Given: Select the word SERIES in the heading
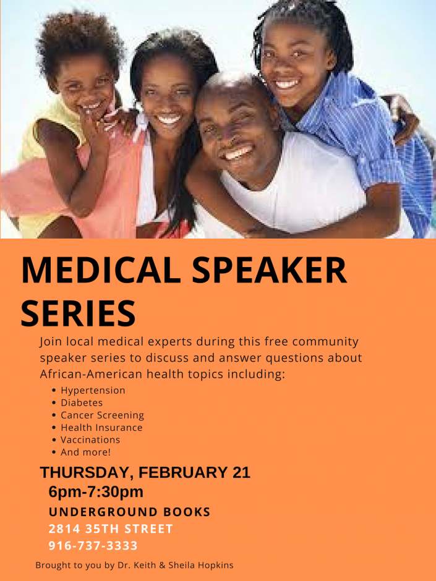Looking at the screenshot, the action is click(78, 313).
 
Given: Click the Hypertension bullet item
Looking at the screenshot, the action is click(93, 390).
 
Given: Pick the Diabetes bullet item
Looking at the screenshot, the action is click(82, 402).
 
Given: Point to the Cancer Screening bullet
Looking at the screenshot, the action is click(102, 415).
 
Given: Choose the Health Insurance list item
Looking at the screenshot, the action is click(101, 427).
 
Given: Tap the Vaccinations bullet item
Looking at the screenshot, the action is click(90, 439).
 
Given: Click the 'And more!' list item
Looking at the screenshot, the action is click(85, 452).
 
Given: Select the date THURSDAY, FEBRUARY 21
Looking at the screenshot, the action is click(145, 473).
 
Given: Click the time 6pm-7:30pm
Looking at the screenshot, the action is click(96, 492).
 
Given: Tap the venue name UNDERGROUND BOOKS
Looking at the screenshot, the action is click(129, 512).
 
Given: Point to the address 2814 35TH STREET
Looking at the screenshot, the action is click(111, 528).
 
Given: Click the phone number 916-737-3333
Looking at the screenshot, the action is click(93, 545).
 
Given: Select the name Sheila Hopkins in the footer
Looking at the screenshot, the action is click(201, 565).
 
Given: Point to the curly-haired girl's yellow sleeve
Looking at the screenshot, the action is click(56, 126).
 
